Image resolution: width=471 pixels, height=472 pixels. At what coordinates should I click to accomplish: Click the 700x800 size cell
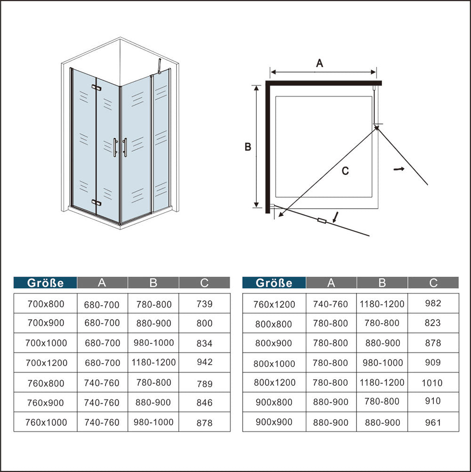pos(46,304)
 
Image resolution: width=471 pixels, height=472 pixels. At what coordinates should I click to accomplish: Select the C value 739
pos(204,304)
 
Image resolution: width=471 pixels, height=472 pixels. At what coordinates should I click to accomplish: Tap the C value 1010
pos(432,383)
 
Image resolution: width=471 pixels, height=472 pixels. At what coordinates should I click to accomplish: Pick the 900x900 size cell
pos(274,422)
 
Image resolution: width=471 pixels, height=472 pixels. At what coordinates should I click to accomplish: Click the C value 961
pos(433,423)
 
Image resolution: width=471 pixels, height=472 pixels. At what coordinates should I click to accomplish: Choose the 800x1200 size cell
pos(275,382)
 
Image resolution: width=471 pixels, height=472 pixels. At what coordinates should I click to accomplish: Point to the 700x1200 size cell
pos(46,363)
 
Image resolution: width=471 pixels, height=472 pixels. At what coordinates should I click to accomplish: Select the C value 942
pos(205,362)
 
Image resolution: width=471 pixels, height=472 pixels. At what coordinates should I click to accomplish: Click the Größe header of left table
pos(45,283)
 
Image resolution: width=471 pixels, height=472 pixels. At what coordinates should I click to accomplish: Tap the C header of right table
pos(433,283)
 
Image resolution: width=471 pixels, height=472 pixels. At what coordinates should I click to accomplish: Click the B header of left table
pos(154,283)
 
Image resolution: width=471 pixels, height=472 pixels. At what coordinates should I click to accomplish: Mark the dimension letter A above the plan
pos(320,63)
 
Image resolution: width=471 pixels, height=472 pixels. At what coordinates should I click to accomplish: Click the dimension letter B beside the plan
pos(248,147)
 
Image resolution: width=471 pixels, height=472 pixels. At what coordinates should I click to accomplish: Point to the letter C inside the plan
pos(345,171)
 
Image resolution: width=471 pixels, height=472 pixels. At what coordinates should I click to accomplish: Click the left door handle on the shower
pos(115,147)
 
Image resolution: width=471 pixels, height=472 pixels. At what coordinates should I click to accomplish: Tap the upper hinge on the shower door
pos(97,88)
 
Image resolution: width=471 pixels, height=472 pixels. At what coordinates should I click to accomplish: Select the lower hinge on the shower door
pos(97,203)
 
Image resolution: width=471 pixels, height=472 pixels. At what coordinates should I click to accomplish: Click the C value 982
pos(433,303)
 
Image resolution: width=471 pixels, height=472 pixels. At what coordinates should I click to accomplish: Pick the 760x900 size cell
pos(45,403)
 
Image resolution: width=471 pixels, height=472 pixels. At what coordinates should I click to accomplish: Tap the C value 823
pos(433,323)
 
